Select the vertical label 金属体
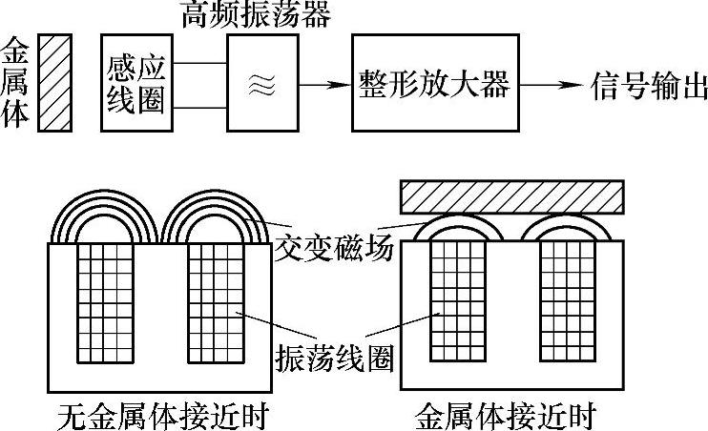click(17, 83)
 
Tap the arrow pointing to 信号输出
click(554, 84)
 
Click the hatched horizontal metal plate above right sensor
click(512, 195)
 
